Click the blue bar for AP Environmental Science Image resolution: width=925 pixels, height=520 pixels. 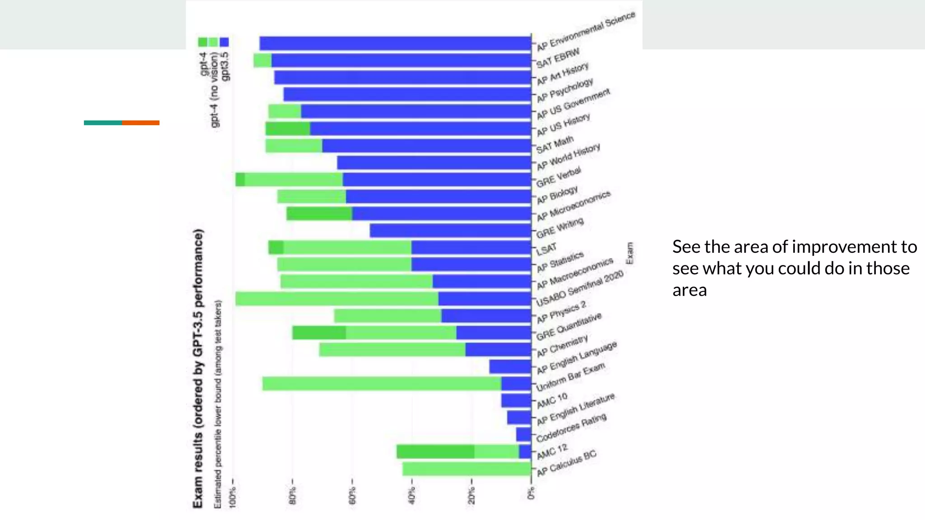(395, 43)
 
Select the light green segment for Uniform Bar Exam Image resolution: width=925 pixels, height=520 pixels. (382, 383)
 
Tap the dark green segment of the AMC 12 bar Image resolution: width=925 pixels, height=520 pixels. (435, 451)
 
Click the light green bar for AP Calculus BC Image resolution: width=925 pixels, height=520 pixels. (467, 469)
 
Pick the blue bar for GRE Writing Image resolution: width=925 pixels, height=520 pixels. (450, 231)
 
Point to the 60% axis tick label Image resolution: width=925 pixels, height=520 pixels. (353, 495)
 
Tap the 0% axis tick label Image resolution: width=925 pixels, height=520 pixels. (531, 493)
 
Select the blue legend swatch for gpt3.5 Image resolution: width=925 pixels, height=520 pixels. (224, 42)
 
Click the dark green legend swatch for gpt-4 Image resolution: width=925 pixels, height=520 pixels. (203, 42)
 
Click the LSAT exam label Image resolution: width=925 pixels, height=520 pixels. (547, 249)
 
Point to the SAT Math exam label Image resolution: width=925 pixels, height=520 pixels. (555, 144)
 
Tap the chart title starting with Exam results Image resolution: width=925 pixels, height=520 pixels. (198, 368)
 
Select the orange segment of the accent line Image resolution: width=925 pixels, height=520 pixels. (140, 123)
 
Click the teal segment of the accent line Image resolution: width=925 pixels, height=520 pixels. (103, 123)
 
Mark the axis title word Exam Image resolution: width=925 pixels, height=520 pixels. (629, 253)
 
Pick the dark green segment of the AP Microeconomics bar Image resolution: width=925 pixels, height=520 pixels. (319, 214)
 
